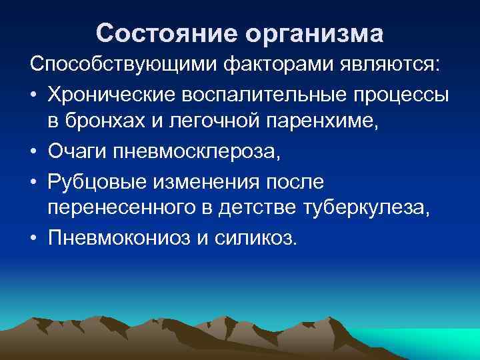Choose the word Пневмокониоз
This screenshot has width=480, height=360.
(x=118, y=238)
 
